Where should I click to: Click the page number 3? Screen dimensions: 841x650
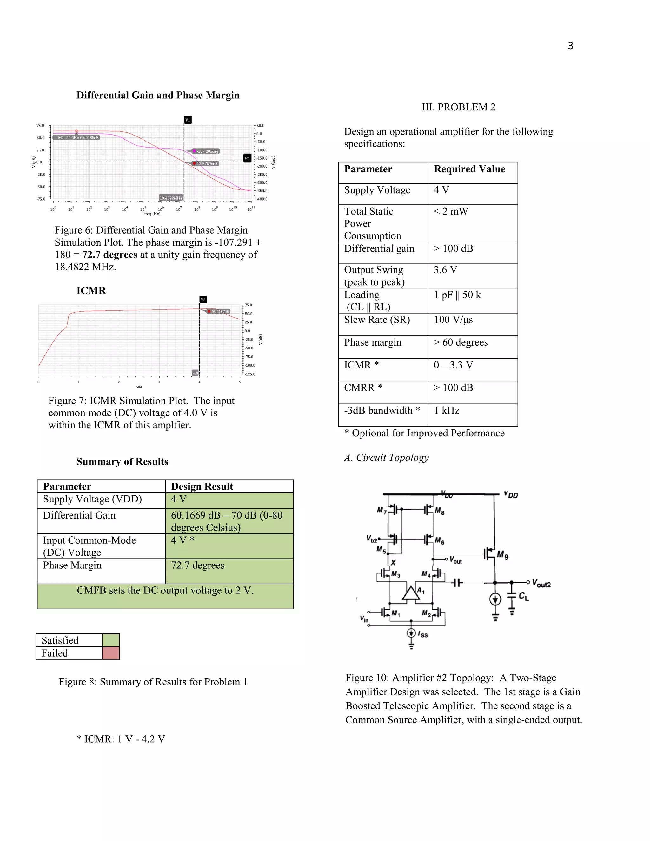pos(570,46)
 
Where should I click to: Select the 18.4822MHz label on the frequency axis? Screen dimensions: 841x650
pos(170,198)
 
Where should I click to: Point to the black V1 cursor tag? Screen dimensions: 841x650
pos(188,120)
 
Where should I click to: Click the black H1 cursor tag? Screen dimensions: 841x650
pos(247,158)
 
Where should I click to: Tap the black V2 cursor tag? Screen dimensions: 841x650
pos(203,300)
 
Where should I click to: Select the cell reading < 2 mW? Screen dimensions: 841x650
pos(451,211)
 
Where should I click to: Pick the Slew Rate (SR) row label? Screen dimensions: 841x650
pos(377,320)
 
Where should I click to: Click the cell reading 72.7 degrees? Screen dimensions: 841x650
pos(197,565)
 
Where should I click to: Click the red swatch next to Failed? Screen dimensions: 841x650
pos(111,653)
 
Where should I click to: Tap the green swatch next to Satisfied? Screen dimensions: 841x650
pos(111,640)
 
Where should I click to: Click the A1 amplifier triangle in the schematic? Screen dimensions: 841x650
pos(411,593)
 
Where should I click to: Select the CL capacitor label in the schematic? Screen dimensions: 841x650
pos(524,597)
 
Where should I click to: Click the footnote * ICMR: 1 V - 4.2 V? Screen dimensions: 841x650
pos(121,739)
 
